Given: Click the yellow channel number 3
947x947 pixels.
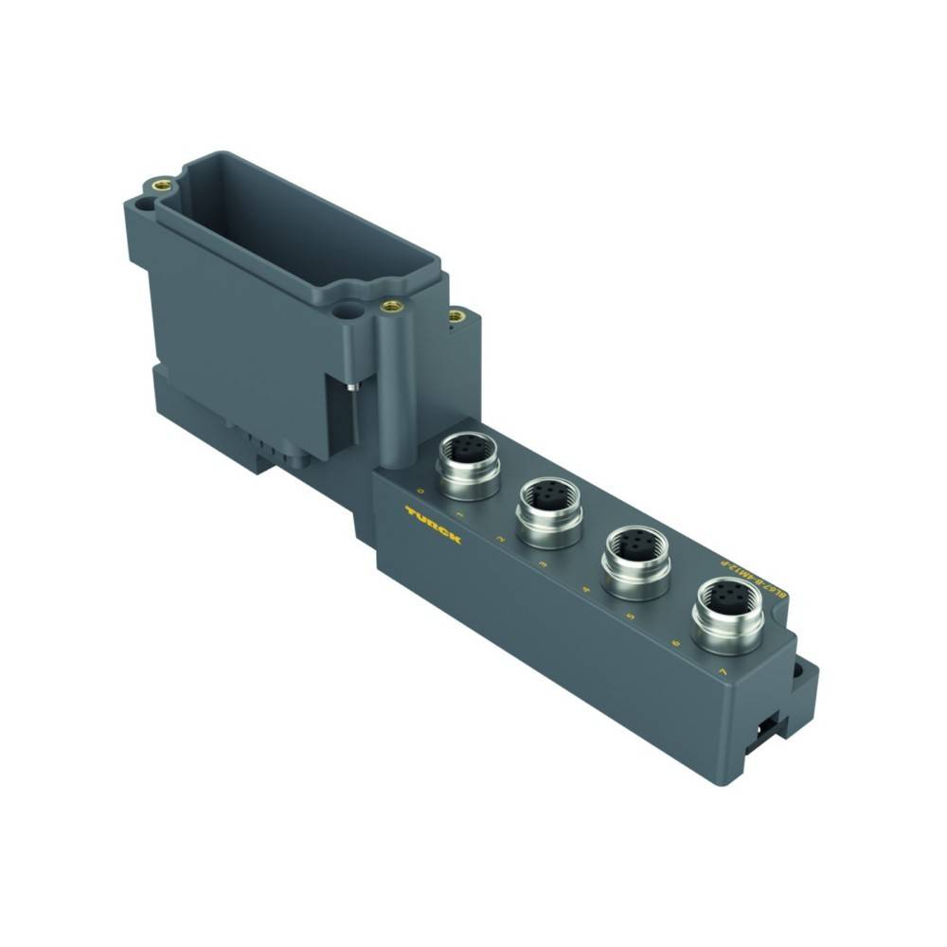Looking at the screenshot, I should [x=542, y=563].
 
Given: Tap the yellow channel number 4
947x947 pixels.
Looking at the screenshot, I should [x=587, y=590].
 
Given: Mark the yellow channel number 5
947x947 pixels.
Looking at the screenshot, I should [x=630, y=616].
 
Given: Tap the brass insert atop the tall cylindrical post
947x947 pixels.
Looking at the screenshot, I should [x=388, y=306].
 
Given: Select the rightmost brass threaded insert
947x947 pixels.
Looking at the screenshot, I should [x=456, y=316].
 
